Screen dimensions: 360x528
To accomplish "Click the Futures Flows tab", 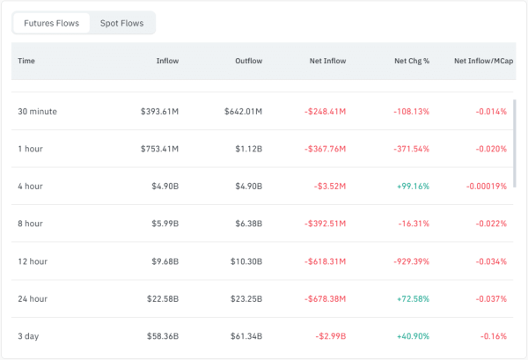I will [x=51, y=23].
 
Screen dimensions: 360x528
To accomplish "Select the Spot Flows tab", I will [x=122, y=23].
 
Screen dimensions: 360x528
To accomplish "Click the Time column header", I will [x=26, y=61].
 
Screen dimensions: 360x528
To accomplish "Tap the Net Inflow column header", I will [x=327, y=61].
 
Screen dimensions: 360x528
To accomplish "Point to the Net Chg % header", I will [x=411, y=61].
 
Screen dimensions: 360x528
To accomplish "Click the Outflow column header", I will [x=248, y=61].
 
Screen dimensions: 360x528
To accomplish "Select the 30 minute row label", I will [x=38, y=112].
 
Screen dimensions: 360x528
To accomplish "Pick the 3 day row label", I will [x=29, y=336].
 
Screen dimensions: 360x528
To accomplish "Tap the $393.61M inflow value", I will [x=159, y=112].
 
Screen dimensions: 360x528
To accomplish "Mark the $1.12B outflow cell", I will [x=248, y=149].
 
